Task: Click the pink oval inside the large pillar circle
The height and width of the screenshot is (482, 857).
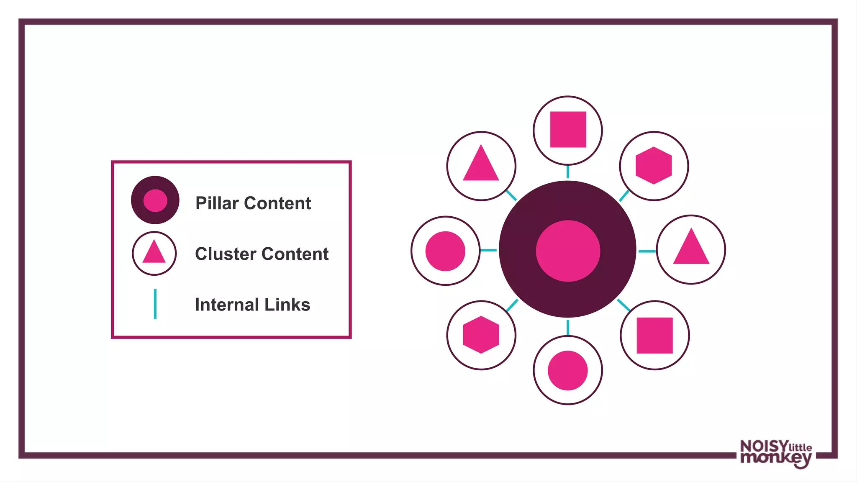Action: [568, 251]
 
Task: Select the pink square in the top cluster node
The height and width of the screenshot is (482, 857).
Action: [568, 129]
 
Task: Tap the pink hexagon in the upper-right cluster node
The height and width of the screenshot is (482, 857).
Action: [654, 165]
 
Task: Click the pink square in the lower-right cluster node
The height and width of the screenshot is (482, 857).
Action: [654, 335]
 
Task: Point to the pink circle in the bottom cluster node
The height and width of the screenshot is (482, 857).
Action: [567, 370]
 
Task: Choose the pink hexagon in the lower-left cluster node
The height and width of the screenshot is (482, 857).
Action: [481, 334]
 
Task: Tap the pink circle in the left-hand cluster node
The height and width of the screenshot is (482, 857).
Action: [445, 251]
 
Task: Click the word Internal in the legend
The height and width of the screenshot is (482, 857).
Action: [226, 305]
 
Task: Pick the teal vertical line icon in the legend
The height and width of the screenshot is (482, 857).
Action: [155, 304]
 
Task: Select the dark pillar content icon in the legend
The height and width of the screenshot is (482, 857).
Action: [155, 200]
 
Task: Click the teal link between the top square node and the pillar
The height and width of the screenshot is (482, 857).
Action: [567, 172]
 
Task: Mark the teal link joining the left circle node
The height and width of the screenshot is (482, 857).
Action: [488, 250]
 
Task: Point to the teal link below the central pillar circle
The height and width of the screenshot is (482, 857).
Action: [567, 327]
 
